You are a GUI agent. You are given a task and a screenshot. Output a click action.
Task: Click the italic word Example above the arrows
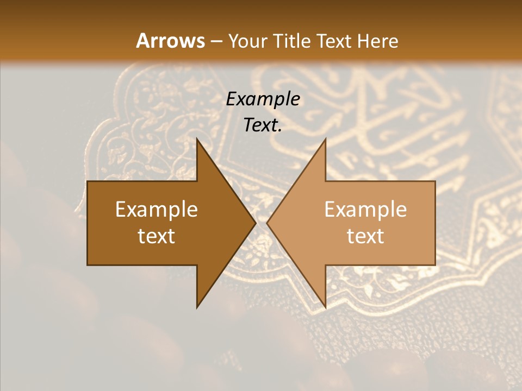pos(263,99)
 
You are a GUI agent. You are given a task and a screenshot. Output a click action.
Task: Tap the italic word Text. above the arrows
pos(263,125)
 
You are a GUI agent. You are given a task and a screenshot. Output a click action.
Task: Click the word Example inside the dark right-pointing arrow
pos(157,210)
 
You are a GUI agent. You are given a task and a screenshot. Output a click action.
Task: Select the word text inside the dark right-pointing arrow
pos(157,236)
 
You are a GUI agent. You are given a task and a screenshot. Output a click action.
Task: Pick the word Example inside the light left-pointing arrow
pos(365,210)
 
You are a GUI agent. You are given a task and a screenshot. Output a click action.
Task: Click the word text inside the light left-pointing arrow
pos(365,236)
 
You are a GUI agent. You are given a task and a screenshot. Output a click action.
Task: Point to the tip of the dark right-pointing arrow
pos(256,223)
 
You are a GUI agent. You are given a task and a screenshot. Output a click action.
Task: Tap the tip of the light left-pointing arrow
pos(267,223)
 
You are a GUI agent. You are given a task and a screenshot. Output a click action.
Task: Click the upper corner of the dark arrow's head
pos(197,138)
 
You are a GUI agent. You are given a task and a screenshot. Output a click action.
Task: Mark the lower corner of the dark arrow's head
pos(197,307)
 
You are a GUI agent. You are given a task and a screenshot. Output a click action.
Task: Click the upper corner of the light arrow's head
pos(325,138)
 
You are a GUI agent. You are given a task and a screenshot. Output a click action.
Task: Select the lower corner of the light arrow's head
pos(325,307)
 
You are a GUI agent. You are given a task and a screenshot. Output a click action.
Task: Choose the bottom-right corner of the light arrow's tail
pos(434,264)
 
